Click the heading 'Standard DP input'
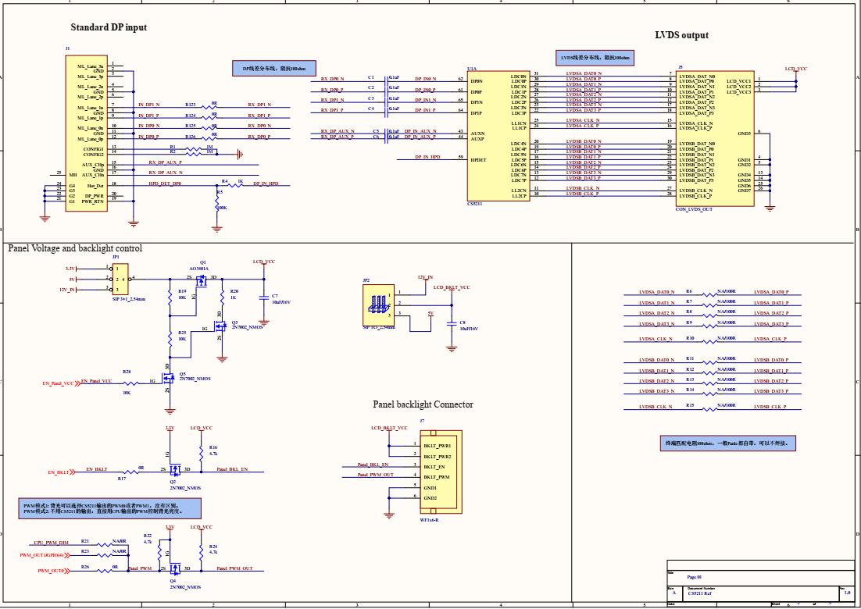(x=109, y=27)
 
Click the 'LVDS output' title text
(x=681, y=35)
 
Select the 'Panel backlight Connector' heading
(x=423, y=404)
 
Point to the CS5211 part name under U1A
(x=475, y=204)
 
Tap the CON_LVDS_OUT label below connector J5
(x=694, y=209)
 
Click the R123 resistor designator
(x=191, y=104)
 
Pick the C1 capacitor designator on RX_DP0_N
(x=371, y=77)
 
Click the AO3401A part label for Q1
(x=199, y=268)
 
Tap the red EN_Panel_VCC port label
(x=59, y=383)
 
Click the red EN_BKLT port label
(x=59, y=472)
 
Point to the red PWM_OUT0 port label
(x=52, y=572)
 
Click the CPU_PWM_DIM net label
(x=51, y=542)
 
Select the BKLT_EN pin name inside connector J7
(x=435, y=466)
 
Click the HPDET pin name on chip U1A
(x=478, y=159)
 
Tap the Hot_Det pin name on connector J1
(x=95, y=185)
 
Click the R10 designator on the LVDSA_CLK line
(x=690, y=338)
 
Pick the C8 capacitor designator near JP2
(x=462, y=322)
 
